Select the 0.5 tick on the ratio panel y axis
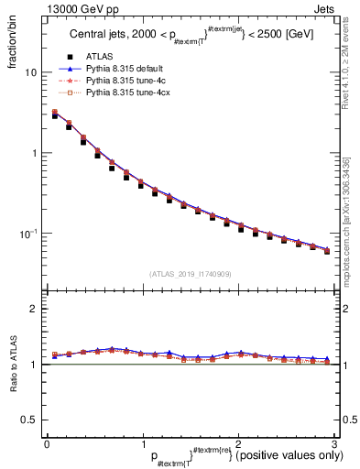(30, 420)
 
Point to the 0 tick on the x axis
(47, 442)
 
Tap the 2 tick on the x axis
(238, 442)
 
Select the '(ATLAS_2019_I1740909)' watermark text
(191, 274)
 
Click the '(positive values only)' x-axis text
(285, 455)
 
